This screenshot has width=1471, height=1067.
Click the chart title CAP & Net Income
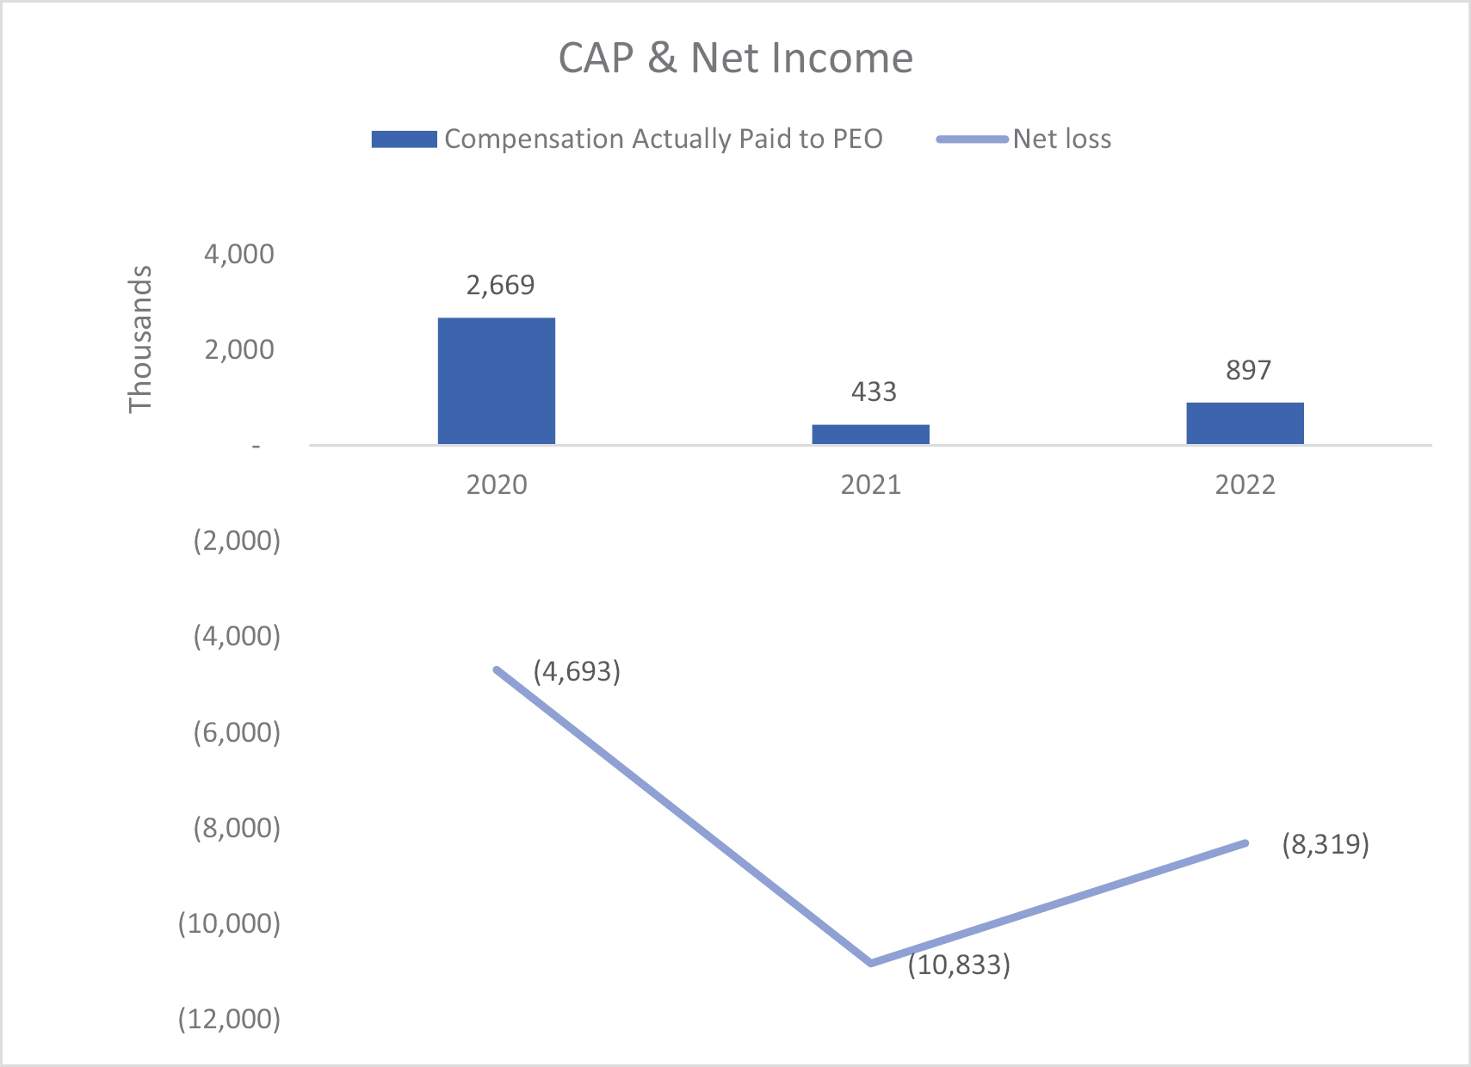pos(735,59)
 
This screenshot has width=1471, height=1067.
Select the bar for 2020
pos(497,380)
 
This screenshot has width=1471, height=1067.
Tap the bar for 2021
pos(870,434)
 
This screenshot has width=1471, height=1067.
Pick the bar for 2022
pos(1245,422)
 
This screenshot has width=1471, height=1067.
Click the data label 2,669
pos(500,285)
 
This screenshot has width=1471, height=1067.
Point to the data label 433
pos(874,392)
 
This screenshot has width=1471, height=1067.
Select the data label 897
pos(1248,370)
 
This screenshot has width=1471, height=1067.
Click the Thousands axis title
pos(140,339)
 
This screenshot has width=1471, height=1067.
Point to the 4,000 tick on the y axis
pos(239,254)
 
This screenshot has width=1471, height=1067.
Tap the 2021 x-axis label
pos(870,484)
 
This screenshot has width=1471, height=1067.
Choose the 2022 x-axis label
pos(1245,484)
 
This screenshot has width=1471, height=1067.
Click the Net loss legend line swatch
pos(973,139)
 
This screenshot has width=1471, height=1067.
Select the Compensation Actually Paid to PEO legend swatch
pos(404,139)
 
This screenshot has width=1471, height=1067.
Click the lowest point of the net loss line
pos(871,962)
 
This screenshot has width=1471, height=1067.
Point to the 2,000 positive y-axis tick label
pos(239,349)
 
